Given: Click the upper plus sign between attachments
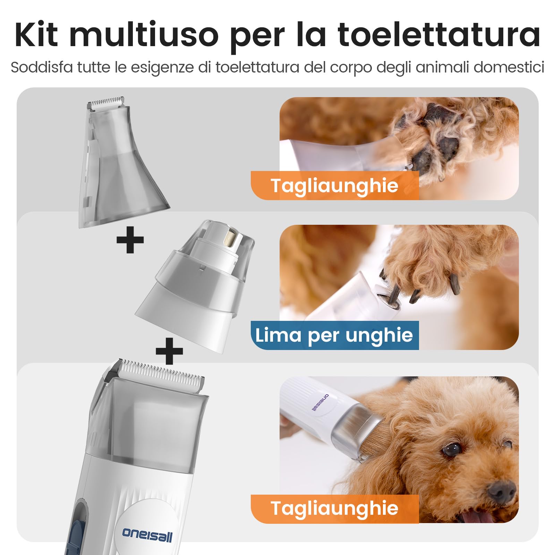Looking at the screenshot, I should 130,240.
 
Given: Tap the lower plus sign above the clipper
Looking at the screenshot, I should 169,351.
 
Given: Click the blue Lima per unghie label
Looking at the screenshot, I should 334,335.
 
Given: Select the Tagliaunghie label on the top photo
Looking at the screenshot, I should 334,186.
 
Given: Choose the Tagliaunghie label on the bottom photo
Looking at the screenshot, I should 334,509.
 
